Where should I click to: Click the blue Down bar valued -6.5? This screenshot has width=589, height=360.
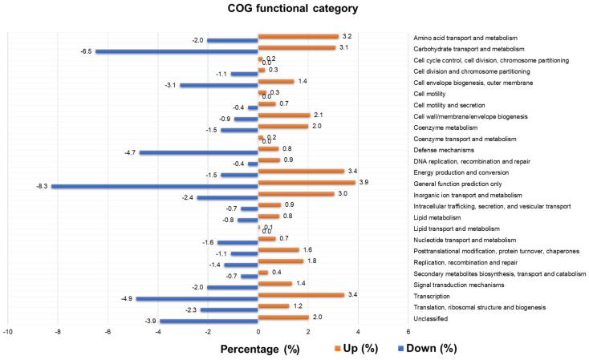click(x=177, y=52)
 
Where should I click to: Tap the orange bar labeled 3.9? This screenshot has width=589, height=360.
click(x=307, y=182)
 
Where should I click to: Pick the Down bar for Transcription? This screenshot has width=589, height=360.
click(x=197, y=299)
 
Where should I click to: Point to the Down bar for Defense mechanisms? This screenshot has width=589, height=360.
click(x=200, y=152)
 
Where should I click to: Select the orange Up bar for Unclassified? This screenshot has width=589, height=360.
click(x=283, y=317)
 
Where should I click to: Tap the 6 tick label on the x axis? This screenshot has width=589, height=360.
click(x=408, y=331)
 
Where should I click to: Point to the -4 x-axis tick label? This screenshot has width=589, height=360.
click(x=158, y=331)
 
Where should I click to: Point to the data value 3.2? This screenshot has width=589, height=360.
click(x=347, y=36)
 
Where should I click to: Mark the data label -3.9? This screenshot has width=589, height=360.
click(x=150, y=322)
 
